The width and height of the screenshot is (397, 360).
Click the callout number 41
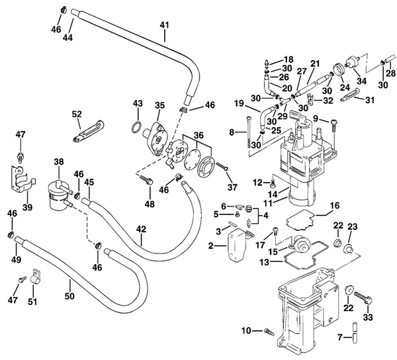point(164,25)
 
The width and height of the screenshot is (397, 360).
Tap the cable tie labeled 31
point(345,99)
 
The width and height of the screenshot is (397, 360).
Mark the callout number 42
point(142,230)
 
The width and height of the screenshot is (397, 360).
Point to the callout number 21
point(315,64)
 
